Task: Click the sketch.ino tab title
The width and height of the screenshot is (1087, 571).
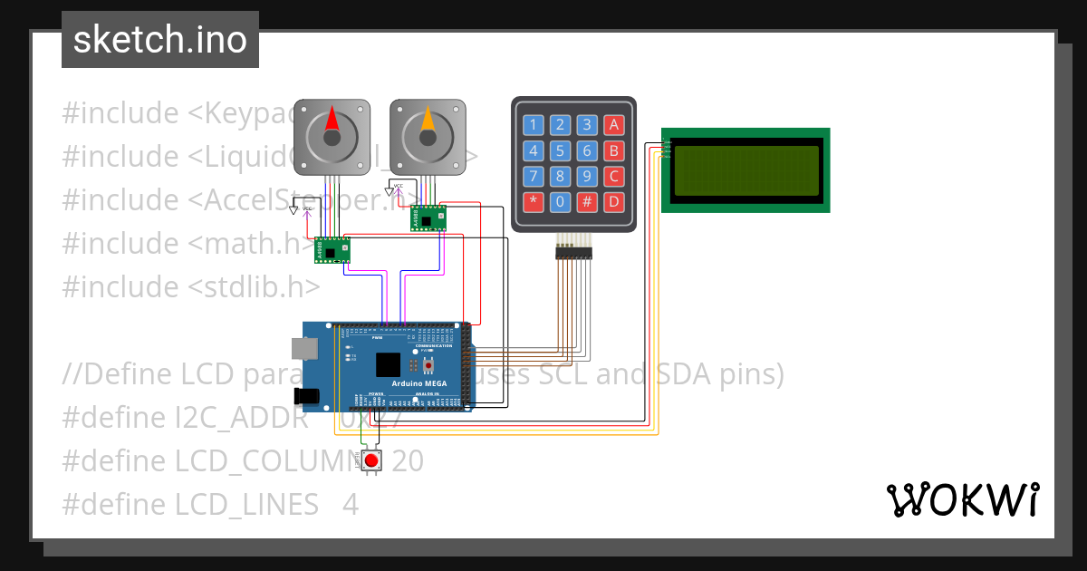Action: [159, 40]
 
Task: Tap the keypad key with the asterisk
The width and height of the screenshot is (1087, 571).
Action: [534, 201]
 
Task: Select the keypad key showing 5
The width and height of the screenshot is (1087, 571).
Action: [561, 150]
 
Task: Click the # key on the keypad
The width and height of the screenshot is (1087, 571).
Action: [587, 201]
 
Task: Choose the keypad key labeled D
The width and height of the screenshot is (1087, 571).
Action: [614, 201]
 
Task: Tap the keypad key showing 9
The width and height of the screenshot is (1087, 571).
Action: [587, 176]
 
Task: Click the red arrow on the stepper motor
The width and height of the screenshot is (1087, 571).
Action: [332, 121]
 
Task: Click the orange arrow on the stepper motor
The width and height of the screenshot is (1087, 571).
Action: [428, 121]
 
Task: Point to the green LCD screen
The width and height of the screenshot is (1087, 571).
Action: [746, 170]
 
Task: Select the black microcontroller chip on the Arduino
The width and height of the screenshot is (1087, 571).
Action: [388, 364]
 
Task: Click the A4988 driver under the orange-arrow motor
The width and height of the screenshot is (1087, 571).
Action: [428, 218]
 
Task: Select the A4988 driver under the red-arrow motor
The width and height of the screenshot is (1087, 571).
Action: [332, 250]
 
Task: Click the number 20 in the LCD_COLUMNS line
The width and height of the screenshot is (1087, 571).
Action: [408, 461]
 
